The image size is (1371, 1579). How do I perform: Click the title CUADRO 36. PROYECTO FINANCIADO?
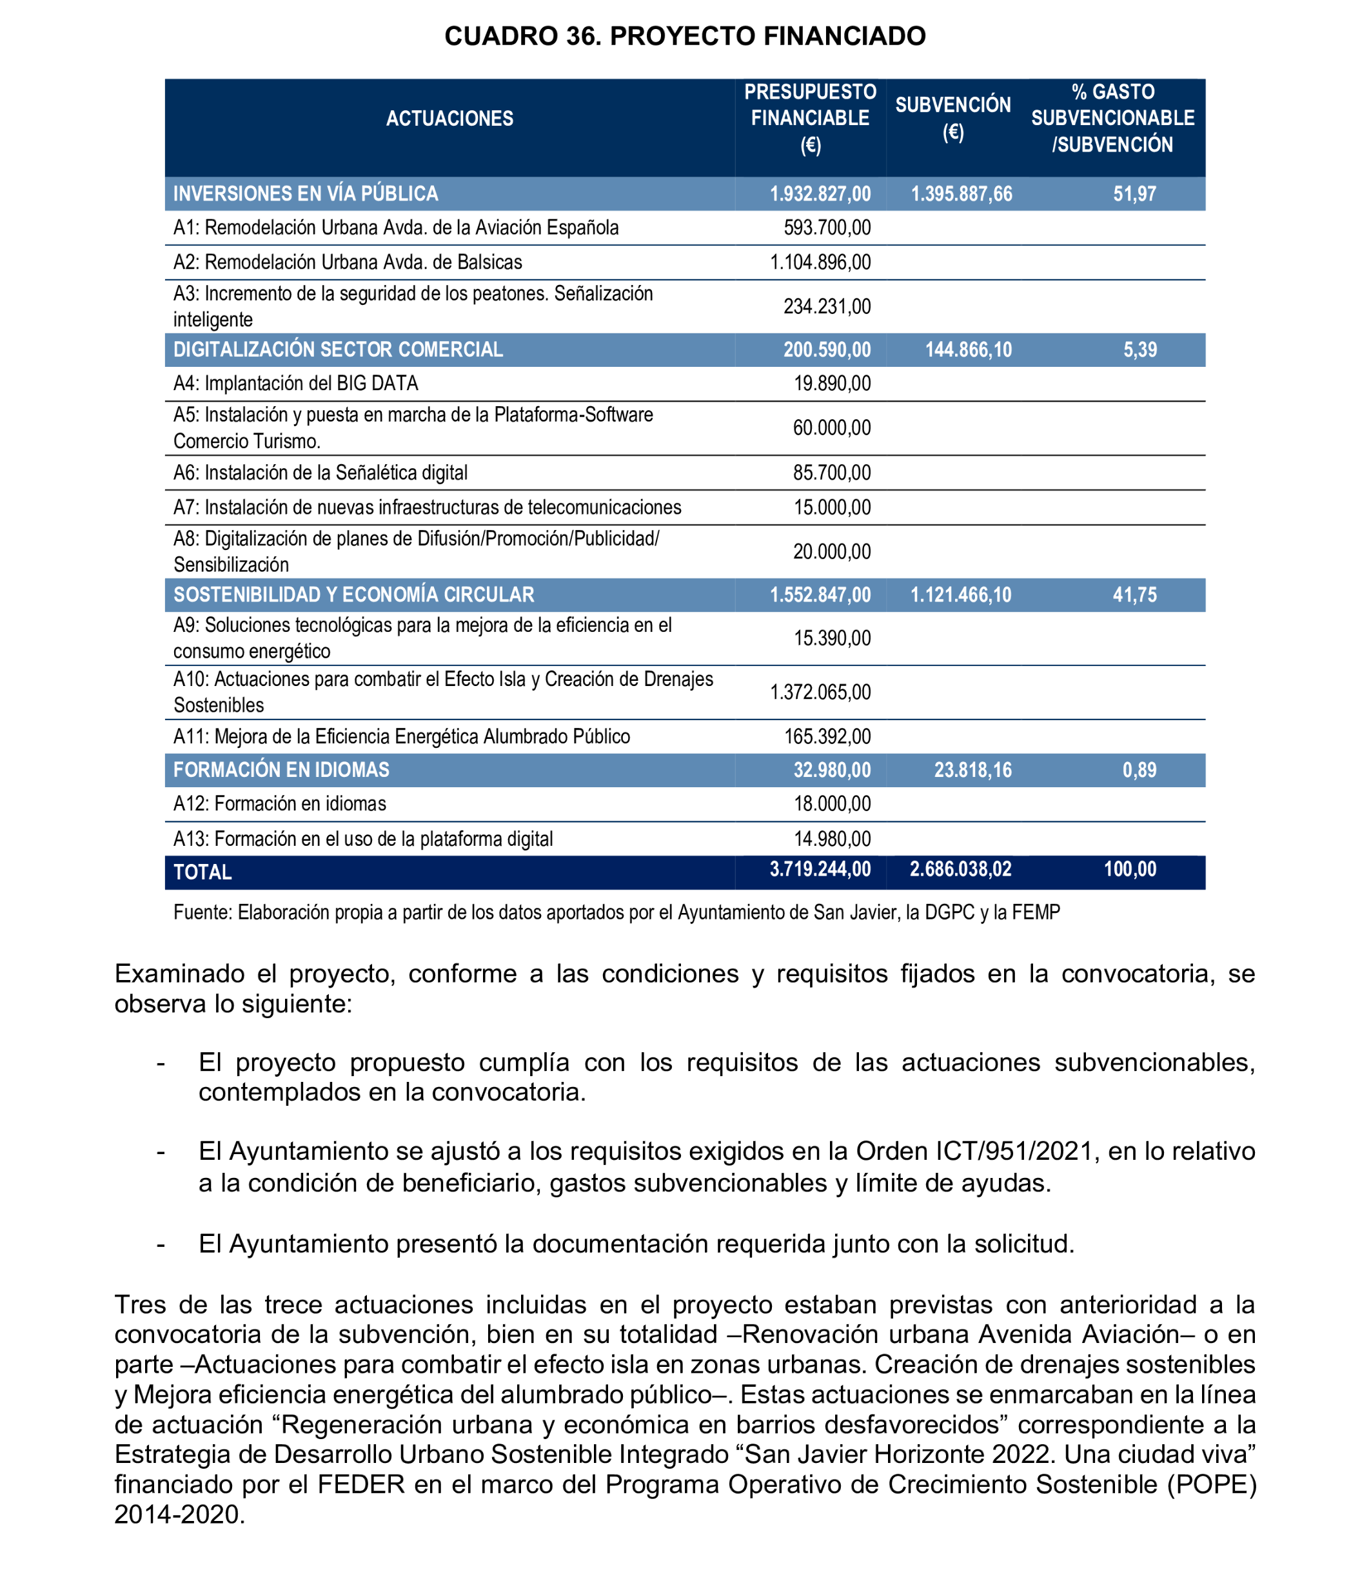(x=685, y=36)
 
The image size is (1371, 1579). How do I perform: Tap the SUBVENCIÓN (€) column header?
(x=952, y=119)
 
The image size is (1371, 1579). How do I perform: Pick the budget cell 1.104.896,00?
(x=820, y=262)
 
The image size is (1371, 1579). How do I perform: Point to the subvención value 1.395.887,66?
(x=961, y=194)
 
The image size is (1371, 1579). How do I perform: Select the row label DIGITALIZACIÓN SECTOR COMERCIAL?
(x=337, y=349)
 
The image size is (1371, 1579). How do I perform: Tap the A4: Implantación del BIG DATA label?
(x=295, y=383)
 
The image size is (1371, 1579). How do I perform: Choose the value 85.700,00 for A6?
(x=832, y=473)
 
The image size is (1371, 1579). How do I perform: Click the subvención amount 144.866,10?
(x=968, y=350)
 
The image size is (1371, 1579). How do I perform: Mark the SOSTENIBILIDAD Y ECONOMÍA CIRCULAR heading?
(x=353, y=594)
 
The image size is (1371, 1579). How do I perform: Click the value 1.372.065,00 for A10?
(x=820, y=692)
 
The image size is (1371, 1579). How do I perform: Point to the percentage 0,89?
(x=1139, y=770)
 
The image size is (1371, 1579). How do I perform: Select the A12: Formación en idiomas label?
(x=279, y=804)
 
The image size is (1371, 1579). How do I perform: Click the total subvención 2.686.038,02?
(x=960, y=869)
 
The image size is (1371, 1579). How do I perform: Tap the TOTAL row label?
(x=202, y=872)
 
